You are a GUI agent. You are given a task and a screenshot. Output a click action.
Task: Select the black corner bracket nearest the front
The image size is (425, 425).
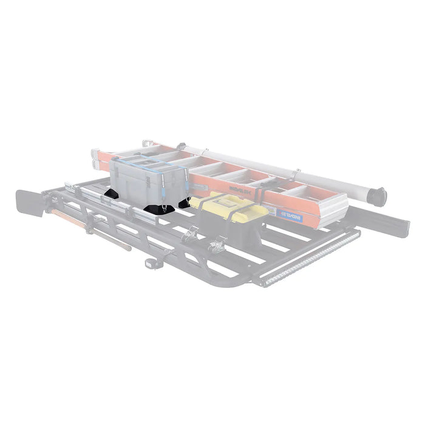click(x=156, y=211)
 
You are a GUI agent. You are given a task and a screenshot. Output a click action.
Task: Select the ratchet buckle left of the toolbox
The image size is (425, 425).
click(x=191, y=233)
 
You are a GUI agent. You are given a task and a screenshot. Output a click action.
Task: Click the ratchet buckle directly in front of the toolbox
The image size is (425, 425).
click(x=218, y=245)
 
